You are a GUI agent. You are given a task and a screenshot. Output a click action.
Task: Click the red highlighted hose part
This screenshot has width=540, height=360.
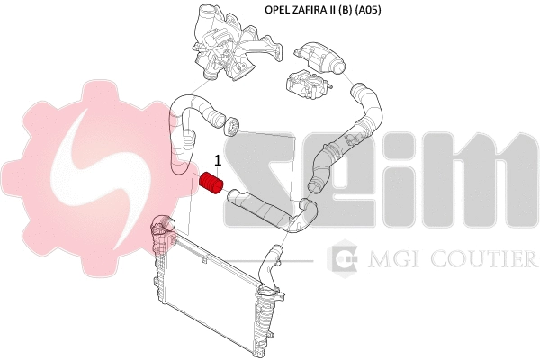click(x=211, y=183)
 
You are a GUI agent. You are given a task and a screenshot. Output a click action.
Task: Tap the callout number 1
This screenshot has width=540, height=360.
click(x=218, y=160)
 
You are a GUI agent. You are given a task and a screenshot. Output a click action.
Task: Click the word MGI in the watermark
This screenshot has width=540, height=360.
click(x=395, y=259)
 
